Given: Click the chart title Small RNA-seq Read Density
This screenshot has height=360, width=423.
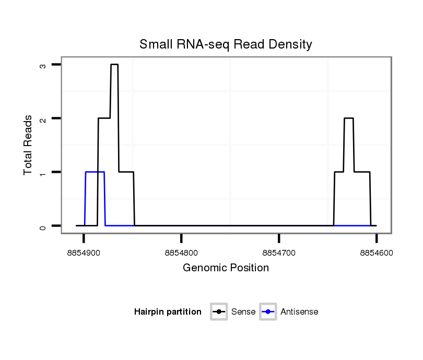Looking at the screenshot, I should pos(226,44).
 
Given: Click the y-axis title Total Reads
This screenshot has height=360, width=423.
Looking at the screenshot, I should pos(28,145).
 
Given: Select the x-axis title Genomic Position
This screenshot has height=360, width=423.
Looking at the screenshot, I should pos(226,268).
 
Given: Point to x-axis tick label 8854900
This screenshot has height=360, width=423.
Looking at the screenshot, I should pos(84,253).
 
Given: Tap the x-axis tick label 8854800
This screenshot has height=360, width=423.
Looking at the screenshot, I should pos(181,253).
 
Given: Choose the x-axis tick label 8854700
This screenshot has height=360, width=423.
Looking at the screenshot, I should pos(279,253).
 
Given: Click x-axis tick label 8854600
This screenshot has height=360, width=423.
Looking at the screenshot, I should pos(377,253).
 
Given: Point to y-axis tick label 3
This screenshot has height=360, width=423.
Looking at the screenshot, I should pos(43,65).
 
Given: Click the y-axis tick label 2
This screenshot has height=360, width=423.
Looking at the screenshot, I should pos(43,119).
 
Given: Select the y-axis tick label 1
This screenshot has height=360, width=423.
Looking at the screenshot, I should pos(43,172).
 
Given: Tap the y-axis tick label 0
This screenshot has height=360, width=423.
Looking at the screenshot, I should pos(43,226).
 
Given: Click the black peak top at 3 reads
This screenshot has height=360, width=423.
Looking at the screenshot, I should pos(114,65).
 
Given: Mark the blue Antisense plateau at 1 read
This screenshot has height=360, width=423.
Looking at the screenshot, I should pos(95,172).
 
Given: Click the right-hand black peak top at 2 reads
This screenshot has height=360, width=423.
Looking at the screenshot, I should pos(349,118).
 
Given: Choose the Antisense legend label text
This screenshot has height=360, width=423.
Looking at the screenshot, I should pos(299,312).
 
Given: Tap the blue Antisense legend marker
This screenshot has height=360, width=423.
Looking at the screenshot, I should pos(268,312).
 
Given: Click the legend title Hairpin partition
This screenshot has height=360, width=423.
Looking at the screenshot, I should pos(168,312).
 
